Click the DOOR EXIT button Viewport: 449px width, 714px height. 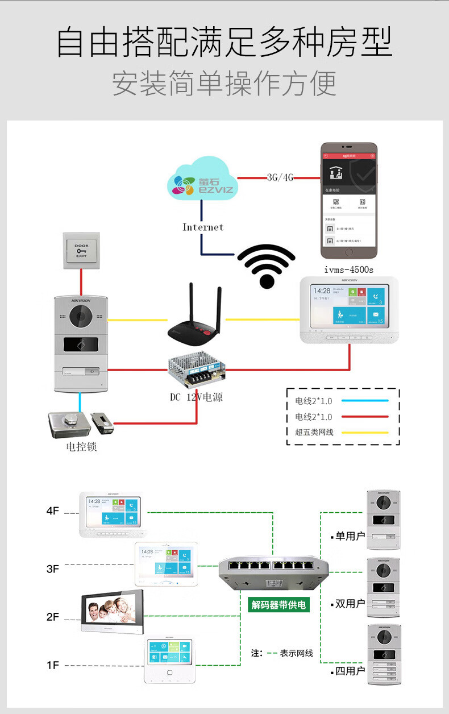point(81,251)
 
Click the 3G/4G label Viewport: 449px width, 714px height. point(280,177)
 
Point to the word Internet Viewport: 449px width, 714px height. point(203,227)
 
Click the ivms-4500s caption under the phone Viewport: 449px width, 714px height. point(348,269)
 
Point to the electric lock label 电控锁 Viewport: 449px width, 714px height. point(81,447)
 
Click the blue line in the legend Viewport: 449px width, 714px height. point(364,401)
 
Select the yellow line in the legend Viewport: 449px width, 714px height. point(364,433)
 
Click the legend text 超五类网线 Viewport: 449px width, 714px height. point(314,433)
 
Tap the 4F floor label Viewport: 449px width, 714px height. point(53,511)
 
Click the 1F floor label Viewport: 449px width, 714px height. point(53,665)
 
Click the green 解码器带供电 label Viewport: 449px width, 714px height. point(278,604)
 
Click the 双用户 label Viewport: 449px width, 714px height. point(350,604)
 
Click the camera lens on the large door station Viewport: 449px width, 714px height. point(81,316)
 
